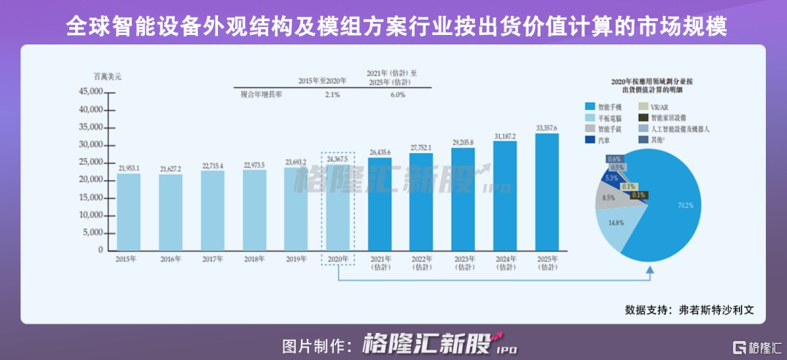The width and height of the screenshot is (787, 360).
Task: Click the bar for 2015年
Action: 129,211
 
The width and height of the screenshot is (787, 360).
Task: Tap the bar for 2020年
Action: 338,207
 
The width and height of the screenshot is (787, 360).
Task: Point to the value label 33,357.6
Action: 547,128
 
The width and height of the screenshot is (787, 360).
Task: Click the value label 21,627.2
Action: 171,169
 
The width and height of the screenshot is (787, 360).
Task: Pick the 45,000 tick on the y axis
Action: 92,92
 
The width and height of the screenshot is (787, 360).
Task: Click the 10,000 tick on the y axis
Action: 92,215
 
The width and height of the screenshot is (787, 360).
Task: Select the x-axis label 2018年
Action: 254,259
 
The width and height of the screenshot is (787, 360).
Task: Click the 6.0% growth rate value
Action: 396,95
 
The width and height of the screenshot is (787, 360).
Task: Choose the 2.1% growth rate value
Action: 332,95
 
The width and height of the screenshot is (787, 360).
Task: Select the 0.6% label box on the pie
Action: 614,159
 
